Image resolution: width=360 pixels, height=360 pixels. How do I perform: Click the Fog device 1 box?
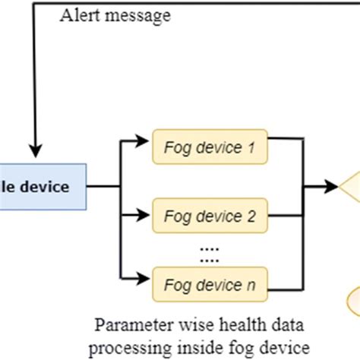pos(210,148)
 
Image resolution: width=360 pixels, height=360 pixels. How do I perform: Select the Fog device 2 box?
pos(210,216)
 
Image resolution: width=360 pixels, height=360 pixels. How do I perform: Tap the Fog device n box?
pos(210,285)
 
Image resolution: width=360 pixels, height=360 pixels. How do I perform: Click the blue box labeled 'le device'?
pos(43,187)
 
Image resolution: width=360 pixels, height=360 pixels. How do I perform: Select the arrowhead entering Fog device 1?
pos(144,140)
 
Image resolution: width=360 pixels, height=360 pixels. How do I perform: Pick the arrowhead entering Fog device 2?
pos(144,214)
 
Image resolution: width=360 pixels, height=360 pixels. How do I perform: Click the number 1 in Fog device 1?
pos(250,148)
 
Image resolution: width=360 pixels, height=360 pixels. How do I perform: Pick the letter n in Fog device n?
pos(250,285)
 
